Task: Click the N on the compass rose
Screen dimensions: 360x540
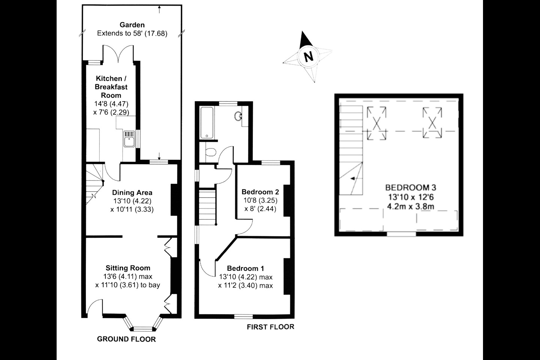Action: click(x=308, y=57)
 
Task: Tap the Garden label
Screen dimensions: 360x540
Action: click(x=132, y=25)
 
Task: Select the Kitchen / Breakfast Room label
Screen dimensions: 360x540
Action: click(x=111, y=87)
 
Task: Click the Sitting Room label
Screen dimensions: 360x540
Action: click(x=127, y=268)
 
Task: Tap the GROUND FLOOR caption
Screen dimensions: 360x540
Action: click(x=126, y=339)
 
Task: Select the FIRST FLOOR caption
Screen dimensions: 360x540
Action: click(x=270, y=327)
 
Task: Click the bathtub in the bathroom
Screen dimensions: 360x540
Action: click(x=207, y=123)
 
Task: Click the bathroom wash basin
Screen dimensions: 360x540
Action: click(x=238, y=116)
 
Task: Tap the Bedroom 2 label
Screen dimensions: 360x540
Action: click(x=260, y=192)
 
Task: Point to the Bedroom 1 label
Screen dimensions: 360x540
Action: click(x=245, y=268)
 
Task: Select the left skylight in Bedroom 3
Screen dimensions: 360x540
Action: click(x=376, y=123)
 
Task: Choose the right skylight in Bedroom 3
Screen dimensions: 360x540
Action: click(x=432, y=122)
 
